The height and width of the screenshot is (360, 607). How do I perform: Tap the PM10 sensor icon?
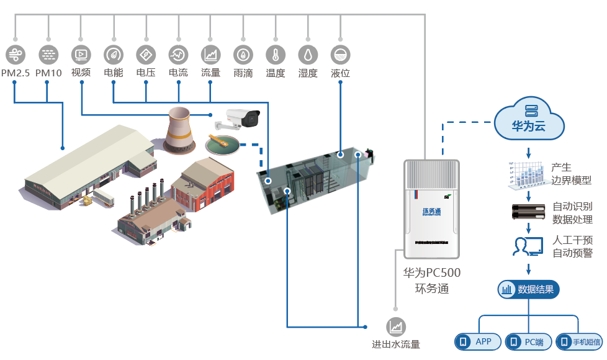click(x=48, y=54)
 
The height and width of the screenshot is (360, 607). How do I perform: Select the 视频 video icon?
click(x=81, y=54)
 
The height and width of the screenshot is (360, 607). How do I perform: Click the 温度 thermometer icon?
click(x=276, y=54)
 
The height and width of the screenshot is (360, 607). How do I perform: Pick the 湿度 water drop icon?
click(x=308, y=54)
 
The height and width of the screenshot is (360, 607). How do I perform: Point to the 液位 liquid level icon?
click(x=340, y=54)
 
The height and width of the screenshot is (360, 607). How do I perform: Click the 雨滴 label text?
click(x=243, y=73)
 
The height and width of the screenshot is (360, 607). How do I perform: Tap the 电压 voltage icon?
click(x=146, y=54)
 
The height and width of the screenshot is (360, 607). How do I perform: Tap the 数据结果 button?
click(x=529, y=289)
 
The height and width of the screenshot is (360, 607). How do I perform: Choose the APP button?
click(x=477, y=341)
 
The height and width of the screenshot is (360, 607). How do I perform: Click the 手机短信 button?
click(x=579, y=341)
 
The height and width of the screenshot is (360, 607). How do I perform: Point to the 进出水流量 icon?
click(x=395, y=326)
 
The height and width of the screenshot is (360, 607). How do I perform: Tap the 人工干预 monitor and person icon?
click(x=528, y=246)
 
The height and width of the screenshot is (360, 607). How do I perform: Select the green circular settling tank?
click(x=224, y=145)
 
